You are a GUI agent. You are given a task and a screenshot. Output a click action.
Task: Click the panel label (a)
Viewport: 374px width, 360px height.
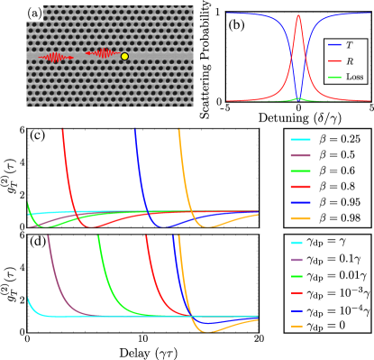[x=34, y=13]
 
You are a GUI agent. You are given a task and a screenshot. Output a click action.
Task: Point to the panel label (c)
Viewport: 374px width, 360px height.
[x=37, y=136]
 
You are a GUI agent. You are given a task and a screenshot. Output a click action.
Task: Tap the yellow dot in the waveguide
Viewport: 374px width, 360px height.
[x=124, y=57]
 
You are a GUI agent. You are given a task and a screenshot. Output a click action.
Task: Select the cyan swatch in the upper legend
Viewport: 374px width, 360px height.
[x=300, y=141]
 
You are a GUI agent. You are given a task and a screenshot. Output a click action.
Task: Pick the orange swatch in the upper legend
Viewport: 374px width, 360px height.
[x=300, y=219]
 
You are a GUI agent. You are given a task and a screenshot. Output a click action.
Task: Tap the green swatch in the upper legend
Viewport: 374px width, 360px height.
[x=300, y=171]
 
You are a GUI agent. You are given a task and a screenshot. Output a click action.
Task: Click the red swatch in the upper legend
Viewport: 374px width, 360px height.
[x=300, y=187]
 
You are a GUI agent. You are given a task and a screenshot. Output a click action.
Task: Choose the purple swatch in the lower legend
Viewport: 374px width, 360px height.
[x=296, y=260]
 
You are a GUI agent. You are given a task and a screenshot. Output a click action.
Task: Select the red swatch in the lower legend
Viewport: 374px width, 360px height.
[x=296, y=293]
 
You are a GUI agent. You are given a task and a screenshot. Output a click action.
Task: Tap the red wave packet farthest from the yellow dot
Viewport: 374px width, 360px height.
[x=56, y=57]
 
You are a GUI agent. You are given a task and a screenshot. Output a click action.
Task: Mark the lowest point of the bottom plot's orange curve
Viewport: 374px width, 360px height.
[x=210, y=331]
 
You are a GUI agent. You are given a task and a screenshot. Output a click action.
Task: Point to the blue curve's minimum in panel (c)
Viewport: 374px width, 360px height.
[x=160, y=226]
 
